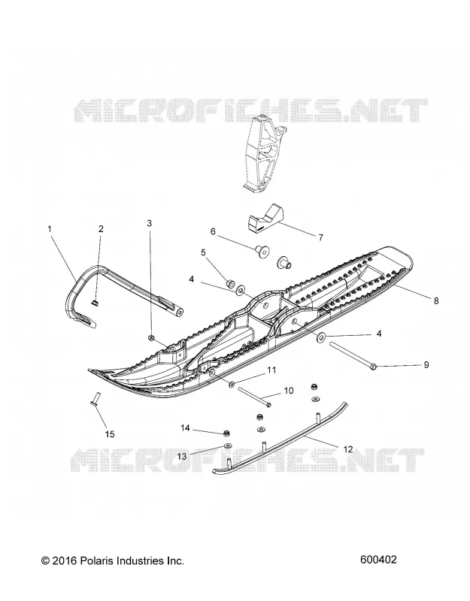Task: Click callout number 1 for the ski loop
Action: click(50, 229)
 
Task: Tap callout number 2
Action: click(101, 229)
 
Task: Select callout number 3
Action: click(150, 223)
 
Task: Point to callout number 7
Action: click(321, 237)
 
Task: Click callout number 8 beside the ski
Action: click(436, 301)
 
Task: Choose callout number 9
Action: click(426, 365)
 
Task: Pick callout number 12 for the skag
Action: click(347, 449)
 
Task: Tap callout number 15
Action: click(110, 434)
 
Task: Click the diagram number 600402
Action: click(378, 560)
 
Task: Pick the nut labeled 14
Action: click(227, 433)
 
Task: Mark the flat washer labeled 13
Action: click(227, 445)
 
